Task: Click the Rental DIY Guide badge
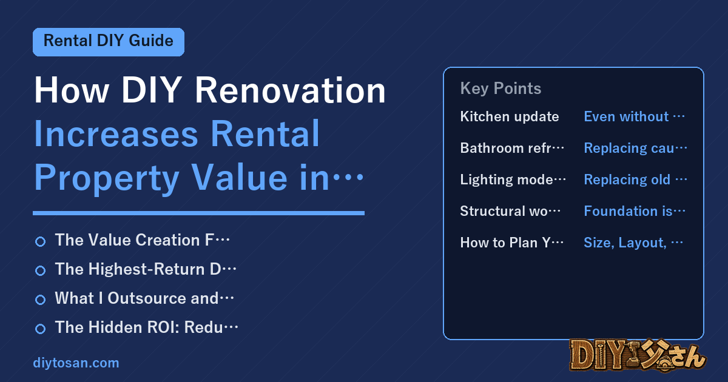pyautogui.click(x=109, y=42)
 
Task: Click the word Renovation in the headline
pyautogui.click(x=290, y=90)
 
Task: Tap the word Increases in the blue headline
pyautogui.click(x=116, y=133)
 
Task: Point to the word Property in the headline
pyautogui.click(x=107, y=178)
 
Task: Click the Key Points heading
pyautogui.click(x=500, y=89)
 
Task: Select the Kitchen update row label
pyautogui.click(x=509, y=116)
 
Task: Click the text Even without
pyautogui.click(x=626, y=116)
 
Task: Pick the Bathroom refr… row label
pyautogui.click(x=512, y=148)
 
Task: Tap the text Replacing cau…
pyautogui.click(x=635, y=148)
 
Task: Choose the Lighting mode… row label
pyautogui.click(x=513, y=179)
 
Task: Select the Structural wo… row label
pyautogui.click(x=510, y=211)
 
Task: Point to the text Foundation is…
pyautogui.click(x=635, y=211)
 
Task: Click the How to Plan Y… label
pyautogui.click(x=512, y=243)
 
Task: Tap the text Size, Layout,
pyautogui.click(x=625, y=243)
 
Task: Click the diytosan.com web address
pyautogui.click(x=76, y=363)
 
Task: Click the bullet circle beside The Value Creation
pyautogui.click(x=40, y=241)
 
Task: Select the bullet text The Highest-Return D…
pyautogui.click(x=146, y=269)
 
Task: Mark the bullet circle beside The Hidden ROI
pyautogui.click(x=40, y=329)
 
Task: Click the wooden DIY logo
pyautogui.click(x=638, y=355)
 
